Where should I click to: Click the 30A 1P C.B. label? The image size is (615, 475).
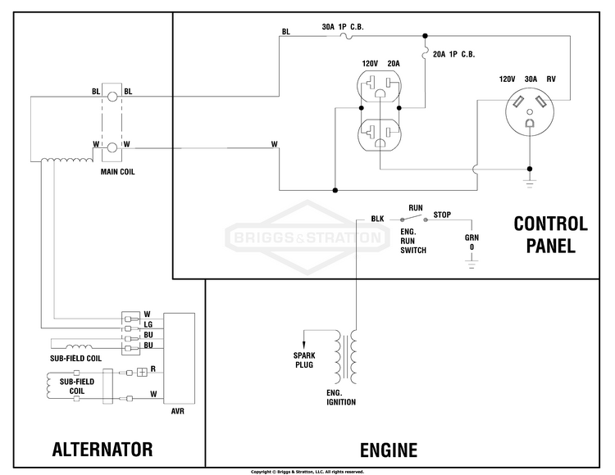pos(343,27)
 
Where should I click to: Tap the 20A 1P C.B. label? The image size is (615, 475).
pos(453,54)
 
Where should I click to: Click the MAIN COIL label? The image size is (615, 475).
pos(117,171)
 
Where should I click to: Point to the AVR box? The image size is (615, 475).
pos(179,359)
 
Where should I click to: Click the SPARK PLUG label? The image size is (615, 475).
pos(304,360)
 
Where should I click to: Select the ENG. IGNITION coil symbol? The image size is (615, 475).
pos(345,357)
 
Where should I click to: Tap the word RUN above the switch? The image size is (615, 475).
pos(416,208)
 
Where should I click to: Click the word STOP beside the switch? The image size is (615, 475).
pos(442,215)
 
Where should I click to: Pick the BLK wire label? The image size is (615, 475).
pos(377,219)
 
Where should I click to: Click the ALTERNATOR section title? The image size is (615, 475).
pos(102,449)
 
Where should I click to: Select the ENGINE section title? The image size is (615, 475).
pos(389,450)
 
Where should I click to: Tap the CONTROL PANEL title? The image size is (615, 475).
pos(551,234)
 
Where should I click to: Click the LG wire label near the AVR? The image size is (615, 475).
pos(148,324)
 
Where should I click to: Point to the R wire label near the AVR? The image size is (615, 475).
pos(153,369)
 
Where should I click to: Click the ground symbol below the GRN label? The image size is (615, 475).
pos(471,265)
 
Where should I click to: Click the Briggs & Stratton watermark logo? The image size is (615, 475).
pos(307,237)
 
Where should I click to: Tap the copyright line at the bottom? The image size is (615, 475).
pos(307,472)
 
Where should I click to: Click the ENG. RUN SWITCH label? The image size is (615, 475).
pos(413,241)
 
